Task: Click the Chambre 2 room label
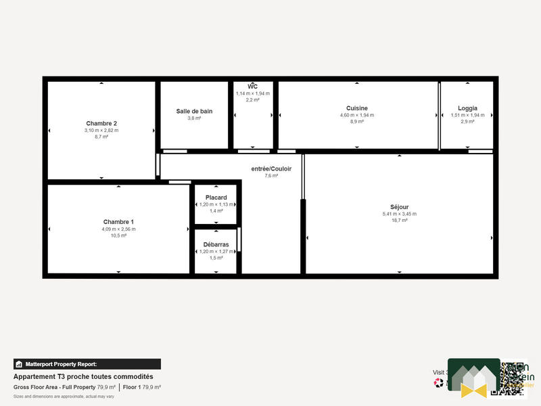pos(101,123)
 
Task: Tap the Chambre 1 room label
pos(118,222)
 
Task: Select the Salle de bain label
pos(194,111)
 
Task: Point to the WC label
pos(252,87)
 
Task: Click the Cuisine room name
pos(356,108)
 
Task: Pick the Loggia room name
pos(467,108)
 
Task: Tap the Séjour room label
pos(399,207)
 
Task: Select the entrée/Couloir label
pos(270,168)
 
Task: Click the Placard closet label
pos(216,198)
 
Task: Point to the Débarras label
pos(216,244)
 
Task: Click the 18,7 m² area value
pos(399,221)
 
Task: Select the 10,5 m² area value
pos(118,235)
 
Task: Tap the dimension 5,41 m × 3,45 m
pos(399,214)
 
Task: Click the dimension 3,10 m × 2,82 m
pos(101,130)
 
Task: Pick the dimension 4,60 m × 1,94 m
pos(356,115)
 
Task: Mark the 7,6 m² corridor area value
pos(270,175)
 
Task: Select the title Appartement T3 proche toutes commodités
pos(83,376)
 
